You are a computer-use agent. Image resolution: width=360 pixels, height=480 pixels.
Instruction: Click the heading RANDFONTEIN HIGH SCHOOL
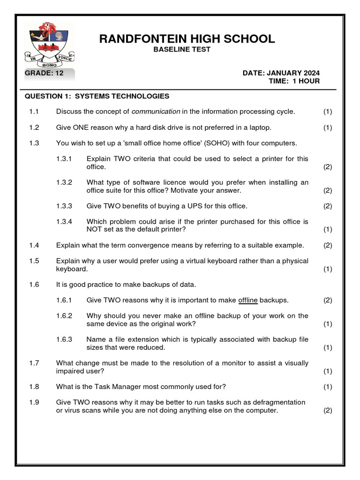pyautogui.click(x=187, y=39)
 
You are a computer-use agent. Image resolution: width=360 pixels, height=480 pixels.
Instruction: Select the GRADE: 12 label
pyautogui.click(x=44, y=73)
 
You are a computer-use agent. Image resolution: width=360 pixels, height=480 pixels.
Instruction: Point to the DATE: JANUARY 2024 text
pyautogui.click(x=281, y=73)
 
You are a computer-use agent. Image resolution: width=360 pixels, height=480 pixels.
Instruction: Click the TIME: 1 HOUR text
pyautogui.click(x=294, y=81)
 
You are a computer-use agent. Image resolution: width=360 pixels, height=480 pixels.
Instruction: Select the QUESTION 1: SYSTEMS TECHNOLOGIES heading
pyautogui.click(x=97, y=96)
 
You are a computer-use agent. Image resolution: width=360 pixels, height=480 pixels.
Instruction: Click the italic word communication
pyautogui.click(x=156, y=112)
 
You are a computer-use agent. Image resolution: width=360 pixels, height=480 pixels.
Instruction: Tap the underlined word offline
pyautogui.click(x=248, y=300)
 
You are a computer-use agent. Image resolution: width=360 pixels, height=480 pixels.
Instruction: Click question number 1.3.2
pyautogui.click(x=64, y=182)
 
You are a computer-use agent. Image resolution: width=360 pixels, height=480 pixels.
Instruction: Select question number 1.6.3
pyautogui.click(x=64, y=339)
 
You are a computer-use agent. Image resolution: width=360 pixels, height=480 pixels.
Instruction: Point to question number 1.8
pyautogui.click(x=34, y=387)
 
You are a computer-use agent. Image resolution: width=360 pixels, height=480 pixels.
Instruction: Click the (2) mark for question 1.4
pyautogui.click(x=328, y=245)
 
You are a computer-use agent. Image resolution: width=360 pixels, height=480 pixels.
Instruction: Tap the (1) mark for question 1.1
pyautogui.click(x=328, y=112)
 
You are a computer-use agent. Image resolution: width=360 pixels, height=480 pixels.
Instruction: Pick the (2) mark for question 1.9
pyautogui.click(x=328, y=411)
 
